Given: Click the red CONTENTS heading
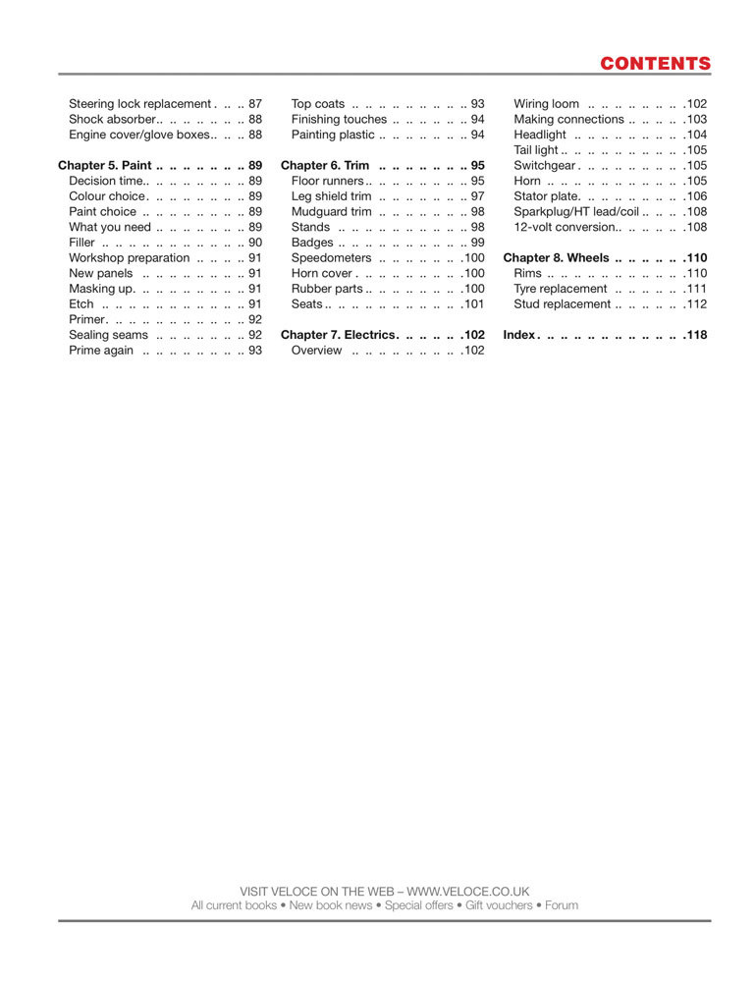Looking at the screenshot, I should coord(655,64).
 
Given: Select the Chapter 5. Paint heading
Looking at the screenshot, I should coord(104,166).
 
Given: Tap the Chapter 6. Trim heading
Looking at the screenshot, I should coord(325,166).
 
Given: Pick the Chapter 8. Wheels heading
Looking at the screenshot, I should coord(556,258).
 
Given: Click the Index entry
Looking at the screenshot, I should coord(518,335).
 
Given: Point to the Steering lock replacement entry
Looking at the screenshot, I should coord(139,104).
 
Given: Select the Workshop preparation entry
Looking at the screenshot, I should coord(129,258).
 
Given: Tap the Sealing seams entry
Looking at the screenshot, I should coord(108,335).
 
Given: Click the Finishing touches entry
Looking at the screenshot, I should coord(339,120).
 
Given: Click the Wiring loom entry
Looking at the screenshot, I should coord(546,104).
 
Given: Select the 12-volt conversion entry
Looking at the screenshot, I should coord(566,228).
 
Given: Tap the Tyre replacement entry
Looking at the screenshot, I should coord(560,289).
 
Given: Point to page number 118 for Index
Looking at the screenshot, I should coord(696,335).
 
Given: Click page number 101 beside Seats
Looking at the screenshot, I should coord(474,304).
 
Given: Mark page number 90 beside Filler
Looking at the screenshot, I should coord(255,243).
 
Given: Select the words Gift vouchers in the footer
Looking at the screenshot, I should coord(498,905).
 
